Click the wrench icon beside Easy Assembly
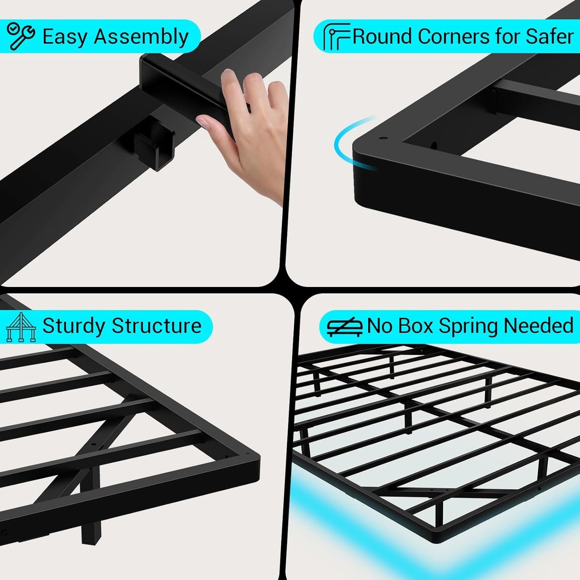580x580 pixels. point(20,36)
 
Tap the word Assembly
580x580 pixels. point(141,37)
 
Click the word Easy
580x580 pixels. point(65,37)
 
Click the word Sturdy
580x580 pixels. point(74,326)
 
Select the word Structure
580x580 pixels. point(156,326)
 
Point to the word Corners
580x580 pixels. point(454,37)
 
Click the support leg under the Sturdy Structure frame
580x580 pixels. point(91,526)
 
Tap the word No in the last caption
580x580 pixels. point(380,326)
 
